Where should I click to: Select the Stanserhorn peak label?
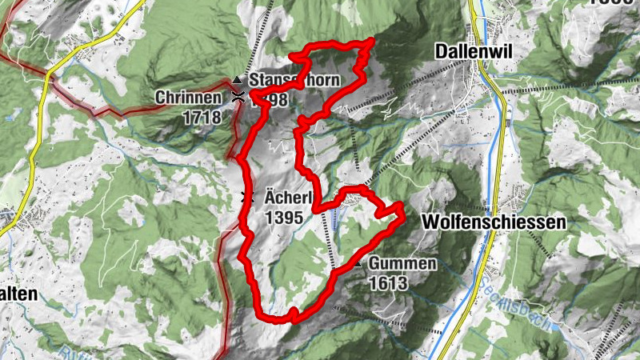click(295, 80)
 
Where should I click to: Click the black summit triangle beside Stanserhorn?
click(237, 80)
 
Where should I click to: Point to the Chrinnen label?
click(188, 98)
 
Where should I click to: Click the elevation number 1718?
click(199, 116)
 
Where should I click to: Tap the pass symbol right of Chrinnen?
click(237, 98)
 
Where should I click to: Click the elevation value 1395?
click(283, 216)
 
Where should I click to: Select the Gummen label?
click(402, 264)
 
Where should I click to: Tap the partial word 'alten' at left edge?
click(18, 294)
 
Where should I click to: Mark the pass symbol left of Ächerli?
click(247, 197)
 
